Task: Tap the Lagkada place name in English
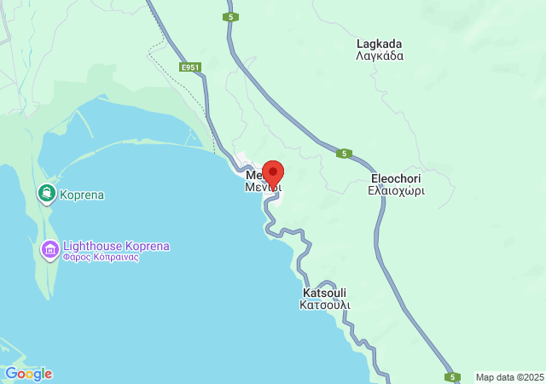pos(379,44)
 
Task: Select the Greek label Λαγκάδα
pos(379,56)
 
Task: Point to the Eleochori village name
pos(397,178)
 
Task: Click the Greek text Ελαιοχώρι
pos(398,191)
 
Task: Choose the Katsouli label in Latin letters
pos(324,292)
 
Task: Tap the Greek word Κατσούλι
pos(324,305)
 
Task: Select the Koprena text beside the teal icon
pos(82,195)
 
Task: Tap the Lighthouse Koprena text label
pos(116,246)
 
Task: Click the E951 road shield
pos(190,67)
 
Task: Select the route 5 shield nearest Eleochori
pos(344,154)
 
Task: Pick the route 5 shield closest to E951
pos(231,17)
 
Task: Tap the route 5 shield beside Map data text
pos(453,376)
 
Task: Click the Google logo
pos(28,374)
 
